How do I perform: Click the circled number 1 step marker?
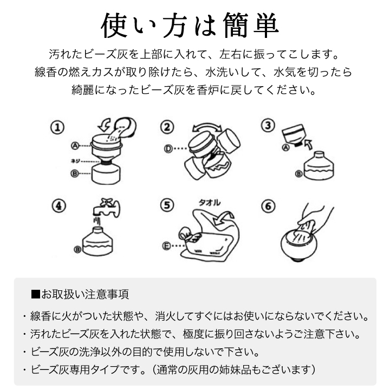(x=57, y=128)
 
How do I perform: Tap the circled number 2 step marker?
(x=167, y=127)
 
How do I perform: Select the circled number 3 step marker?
(x=268, y=125)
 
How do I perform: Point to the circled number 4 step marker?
(x=59, y=206)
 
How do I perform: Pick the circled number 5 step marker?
(x=167, y=205)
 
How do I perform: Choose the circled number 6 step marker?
(x=268, y=206)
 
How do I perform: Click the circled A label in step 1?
(x=75, y=146)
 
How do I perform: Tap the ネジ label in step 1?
(x=75, y=161)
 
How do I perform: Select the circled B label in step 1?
(x=75, y=173)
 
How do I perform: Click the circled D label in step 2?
(x=168, y=149)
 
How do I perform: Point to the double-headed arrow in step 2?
(x=207, y=127)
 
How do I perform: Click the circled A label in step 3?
(x=286, y=147)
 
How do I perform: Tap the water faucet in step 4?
(x=107, y=209)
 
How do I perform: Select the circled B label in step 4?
(x=77, y=249)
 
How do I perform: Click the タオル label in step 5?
(x=210, y=203)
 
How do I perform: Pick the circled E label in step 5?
(x=167, y=246)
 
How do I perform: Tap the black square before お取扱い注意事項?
(x=36, y=294)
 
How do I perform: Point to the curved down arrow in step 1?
(x=105, y=125)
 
